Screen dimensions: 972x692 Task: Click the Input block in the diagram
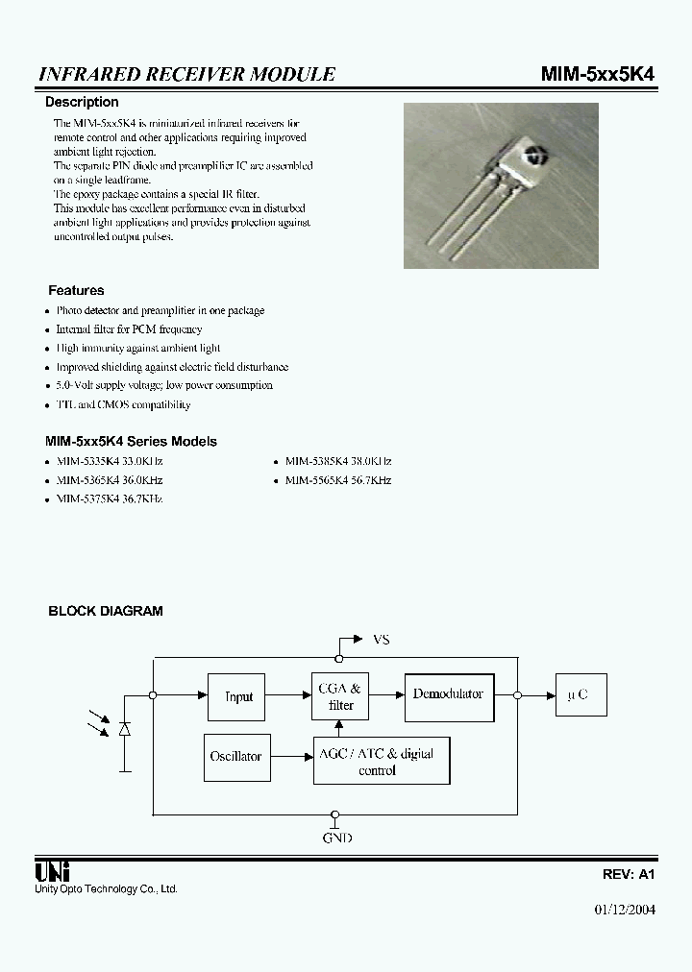(x=237, y=696)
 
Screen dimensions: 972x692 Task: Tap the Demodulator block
(x=448, y=694)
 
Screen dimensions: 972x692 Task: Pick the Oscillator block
(x=235, y=756)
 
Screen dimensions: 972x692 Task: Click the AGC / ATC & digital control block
(x=382, y=761)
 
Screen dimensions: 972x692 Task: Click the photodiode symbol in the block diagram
(x=124, y=730)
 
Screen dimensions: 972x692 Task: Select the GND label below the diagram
(x=336, y=838)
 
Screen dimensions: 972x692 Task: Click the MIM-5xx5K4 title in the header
(x=598, y=74)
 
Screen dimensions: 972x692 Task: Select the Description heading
(x=83, y=102)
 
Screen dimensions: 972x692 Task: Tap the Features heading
(x=76, y=290)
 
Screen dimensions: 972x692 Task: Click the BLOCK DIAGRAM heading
(x=106, y=611)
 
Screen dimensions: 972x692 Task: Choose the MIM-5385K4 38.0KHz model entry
(x=337, y=461)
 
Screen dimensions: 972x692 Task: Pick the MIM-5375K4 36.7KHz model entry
(x=109, y=499)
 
